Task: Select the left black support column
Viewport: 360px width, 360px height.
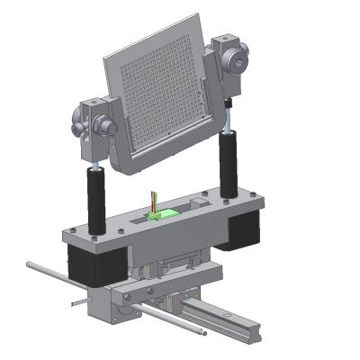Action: coord(95,198)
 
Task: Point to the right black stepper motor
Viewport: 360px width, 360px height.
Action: coord(238,230)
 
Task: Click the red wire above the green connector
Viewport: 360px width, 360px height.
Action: coord(152,200)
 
